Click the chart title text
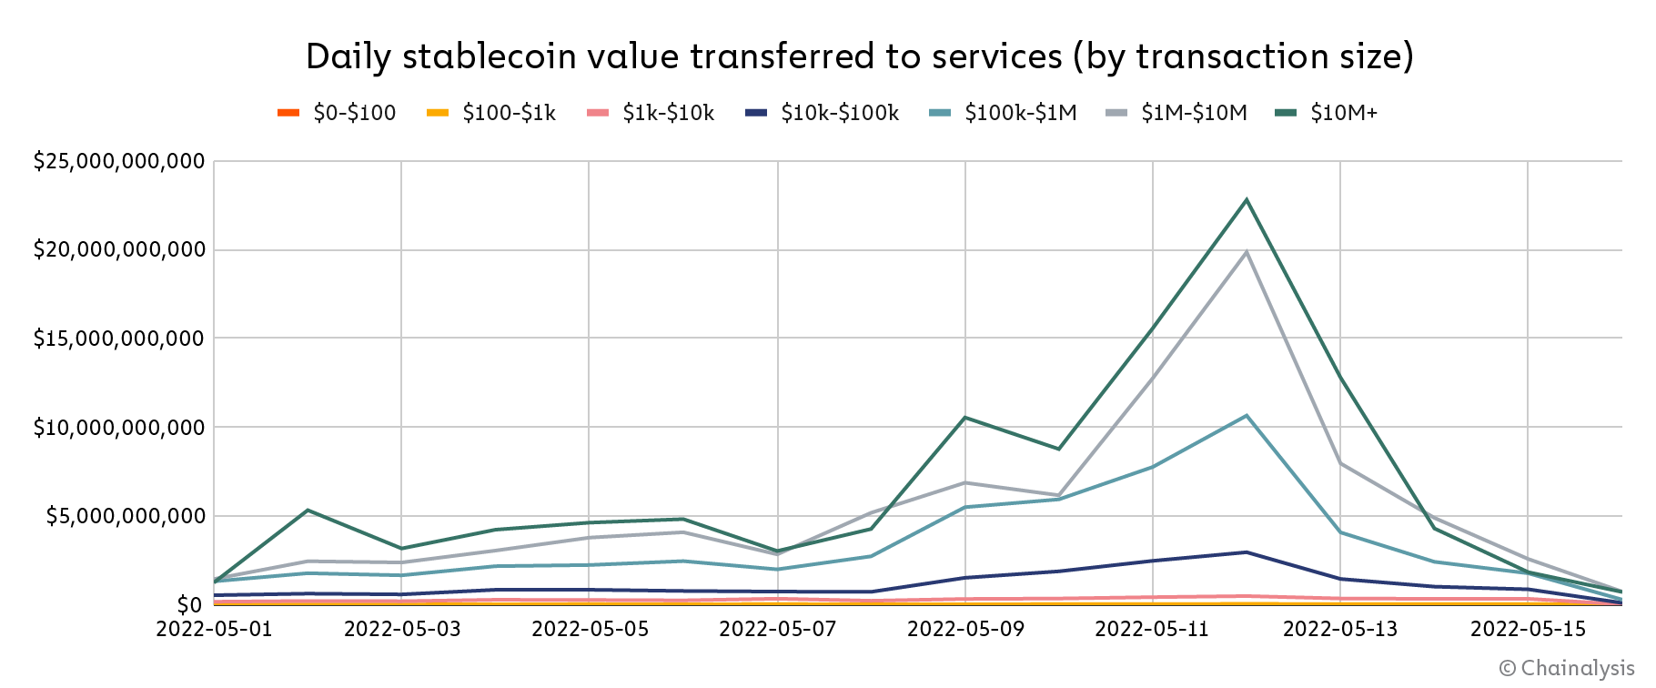pos(859,56)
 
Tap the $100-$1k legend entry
pos(490,113)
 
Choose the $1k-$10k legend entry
pos(650,113)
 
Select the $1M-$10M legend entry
pos(1176,113)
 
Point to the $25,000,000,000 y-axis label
pos(119,162)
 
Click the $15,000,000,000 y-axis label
pos(119,339)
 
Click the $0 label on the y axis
pos(189,605)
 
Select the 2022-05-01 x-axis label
pos(214,630)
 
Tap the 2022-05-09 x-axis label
pos(965,630)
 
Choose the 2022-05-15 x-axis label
pos(1529,630)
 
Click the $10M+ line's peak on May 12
pos(1247,199)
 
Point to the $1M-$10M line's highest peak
pos(1247,252)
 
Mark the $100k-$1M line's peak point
pos(1247,416)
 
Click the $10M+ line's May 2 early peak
pos(308,511)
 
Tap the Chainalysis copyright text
pos(1566,669)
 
